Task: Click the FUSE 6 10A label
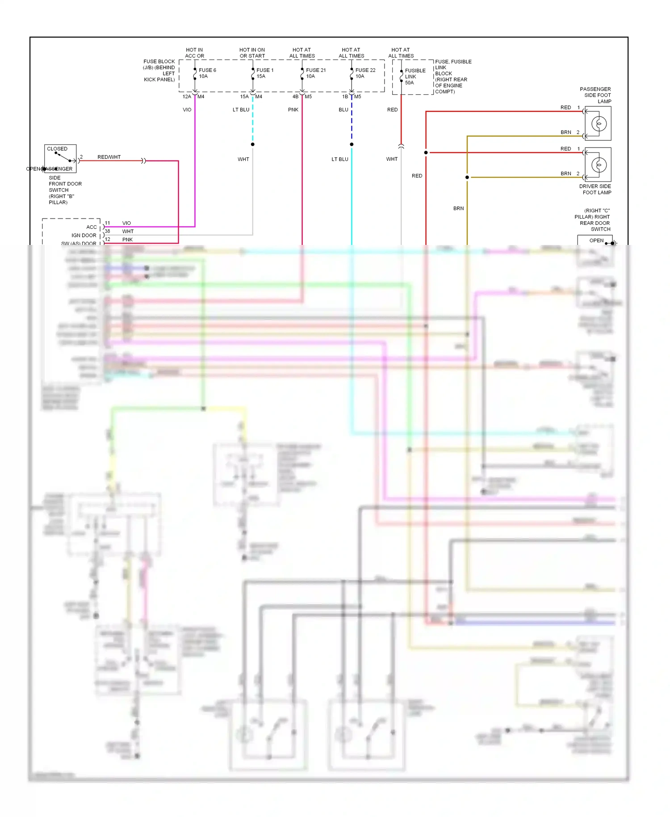pyautogui.click(x=207, y=73)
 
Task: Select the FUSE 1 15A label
pyautogui.click(x=264, y=73)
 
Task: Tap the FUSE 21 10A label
pyautogui.click(x=315, y=73)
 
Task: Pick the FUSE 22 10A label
pyautogui.click(x=365, y=73)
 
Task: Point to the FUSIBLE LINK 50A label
pyautogui.click(x=415, y=76)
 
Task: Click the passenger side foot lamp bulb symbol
pyautogui.click(x=599, y=124)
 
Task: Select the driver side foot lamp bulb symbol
pyautogui.click(x=599, y=165)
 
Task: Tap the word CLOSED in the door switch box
pyautogui.click(x=57, y=149)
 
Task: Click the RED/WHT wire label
pyautogui.click(x=109, y=157)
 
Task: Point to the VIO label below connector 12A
pyautogui.click(x=187, y=110)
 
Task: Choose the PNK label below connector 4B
pyautogui.click(x=293, y=110)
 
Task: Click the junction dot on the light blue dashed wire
pyautogui.click(x=253, y=144)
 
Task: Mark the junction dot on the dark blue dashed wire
pyautogui.click(x=352, y=144)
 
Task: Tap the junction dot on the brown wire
pyautogui.click(x=467, y=177)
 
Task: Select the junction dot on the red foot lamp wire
pyautogui.click(x=426, y=153)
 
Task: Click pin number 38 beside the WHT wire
pyautogui.click(x=107, y=232)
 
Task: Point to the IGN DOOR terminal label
pyautogui.click(x=84, y=236)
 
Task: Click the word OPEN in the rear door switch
pyautogui.click(x=596, y=241)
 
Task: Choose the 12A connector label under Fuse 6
pyautogui.click(x=187, y=97)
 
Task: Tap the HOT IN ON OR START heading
pyautogui.click(x=252, y=53)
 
